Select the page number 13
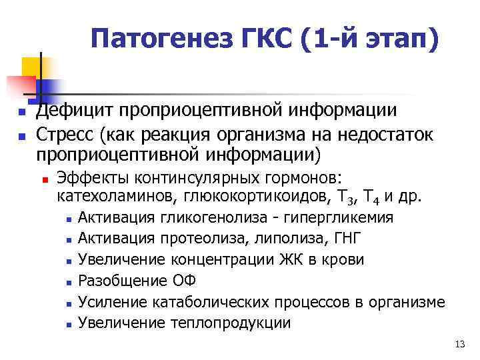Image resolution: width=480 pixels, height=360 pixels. click(458, 344)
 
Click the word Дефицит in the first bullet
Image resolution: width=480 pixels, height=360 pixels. click(69, 111)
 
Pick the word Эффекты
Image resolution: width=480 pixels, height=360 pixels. click(93, 179)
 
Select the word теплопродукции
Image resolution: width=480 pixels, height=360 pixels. click(231, 323)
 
